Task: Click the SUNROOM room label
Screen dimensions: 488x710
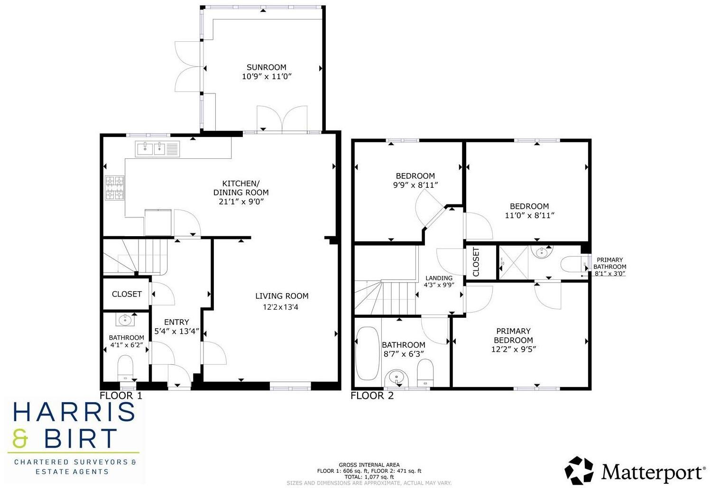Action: pos(266,67)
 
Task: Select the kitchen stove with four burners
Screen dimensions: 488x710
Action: pos(114,188)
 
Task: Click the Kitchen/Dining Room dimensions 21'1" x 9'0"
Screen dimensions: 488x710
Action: pos(241,202)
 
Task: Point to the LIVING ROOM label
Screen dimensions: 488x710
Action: pos(282,296)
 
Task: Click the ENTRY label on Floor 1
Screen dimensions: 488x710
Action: pos(176,322)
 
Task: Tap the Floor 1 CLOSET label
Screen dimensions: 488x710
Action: pos(127,294)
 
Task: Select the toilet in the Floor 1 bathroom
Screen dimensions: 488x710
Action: pos(126,367)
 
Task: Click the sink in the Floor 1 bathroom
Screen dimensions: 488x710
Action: pos(126,320)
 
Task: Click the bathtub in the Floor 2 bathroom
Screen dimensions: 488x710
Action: pos(366,353)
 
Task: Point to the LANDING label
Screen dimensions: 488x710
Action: pos(439,278)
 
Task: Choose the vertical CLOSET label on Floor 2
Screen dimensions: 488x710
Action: pos(476,262)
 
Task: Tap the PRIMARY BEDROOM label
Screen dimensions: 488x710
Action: pos(513,335)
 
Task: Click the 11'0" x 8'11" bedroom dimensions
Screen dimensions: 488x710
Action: pos(529,215)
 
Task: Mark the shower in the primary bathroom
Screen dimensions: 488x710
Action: pos(513,262)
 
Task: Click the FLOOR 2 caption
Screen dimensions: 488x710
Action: pos(372,396)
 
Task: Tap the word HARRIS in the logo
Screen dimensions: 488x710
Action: pos(74,412)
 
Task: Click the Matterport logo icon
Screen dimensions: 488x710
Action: pos(579,471)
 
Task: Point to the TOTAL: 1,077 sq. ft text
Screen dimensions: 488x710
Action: pos(369,477)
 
